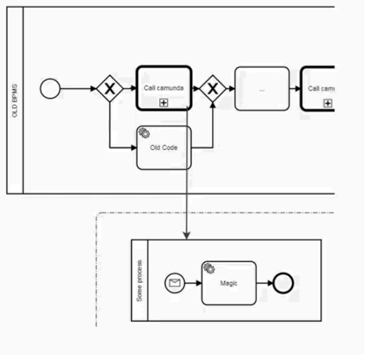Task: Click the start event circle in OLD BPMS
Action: (50, 89)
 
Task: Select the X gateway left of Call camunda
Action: (110, 89)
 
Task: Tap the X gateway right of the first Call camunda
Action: (212, 89)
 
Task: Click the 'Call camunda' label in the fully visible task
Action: (164, 88)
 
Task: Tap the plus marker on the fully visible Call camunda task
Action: (164, 103)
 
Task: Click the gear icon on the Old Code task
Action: (144, 133)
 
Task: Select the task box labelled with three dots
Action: (262, 89)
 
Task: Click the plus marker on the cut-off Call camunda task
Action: (328, 103)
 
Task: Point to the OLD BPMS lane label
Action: (15, 101)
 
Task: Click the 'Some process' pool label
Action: (140, 280)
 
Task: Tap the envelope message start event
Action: (174, 283)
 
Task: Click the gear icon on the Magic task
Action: (209, 268)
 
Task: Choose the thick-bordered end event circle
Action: (283, 283)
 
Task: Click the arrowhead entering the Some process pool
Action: (187, 235)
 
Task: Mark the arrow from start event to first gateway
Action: (79, 89)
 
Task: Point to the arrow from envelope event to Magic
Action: (193, 283)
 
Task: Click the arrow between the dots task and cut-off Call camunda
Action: (295, 89)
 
